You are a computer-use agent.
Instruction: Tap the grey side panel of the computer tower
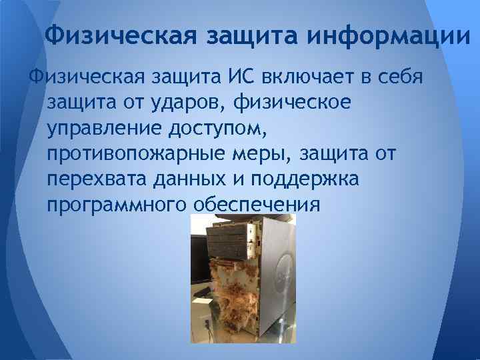pyautogui.click(x=276, y=280)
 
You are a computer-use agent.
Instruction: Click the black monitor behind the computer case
pyautogui.click(x=199, y=257)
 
